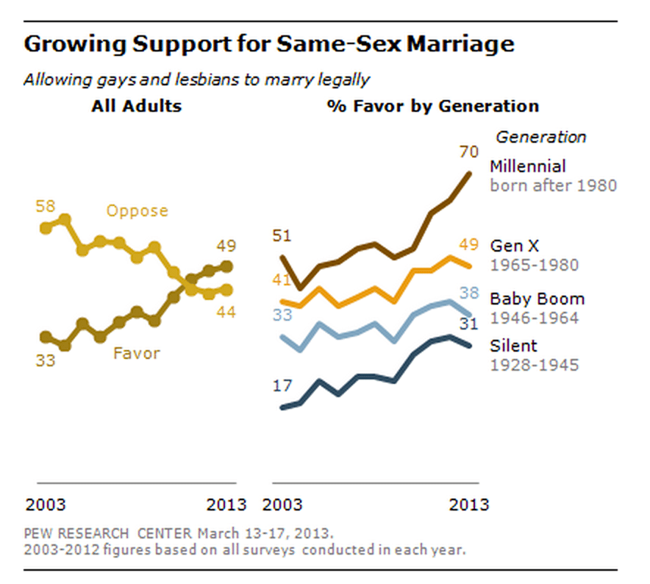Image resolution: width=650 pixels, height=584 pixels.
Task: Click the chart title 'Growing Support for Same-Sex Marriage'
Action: [268, 44]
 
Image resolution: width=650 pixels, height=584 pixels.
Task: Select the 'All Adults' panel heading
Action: [136, 106]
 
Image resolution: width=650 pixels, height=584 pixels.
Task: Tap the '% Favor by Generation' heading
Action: [433, 106]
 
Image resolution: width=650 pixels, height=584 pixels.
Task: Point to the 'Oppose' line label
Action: [137, 211]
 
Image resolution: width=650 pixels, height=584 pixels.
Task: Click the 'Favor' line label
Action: [136, 353]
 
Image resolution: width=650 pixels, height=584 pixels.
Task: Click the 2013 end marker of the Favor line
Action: [227, 266]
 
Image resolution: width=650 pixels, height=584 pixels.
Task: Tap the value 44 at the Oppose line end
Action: [226, 312]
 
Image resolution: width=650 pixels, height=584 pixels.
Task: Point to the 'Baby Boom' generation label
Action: [537, 299]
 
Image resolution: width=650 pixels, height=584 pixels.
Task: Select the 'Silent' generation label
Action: [513, 346]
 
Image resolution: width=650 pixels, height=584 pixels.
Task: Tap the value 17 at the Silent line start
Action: [283, 385]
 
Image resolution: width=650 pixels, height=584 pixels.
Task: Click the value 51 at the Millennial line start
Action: [282, 236]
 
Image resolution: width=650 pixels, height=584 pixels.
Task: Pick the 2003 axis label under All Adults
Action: [46, 505]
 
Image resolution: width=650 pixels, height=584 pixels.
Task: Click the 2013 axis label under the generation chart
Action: [469, 505]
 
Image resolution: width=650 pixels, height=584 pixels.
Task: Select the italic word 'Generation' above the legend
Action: [541, 137]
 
